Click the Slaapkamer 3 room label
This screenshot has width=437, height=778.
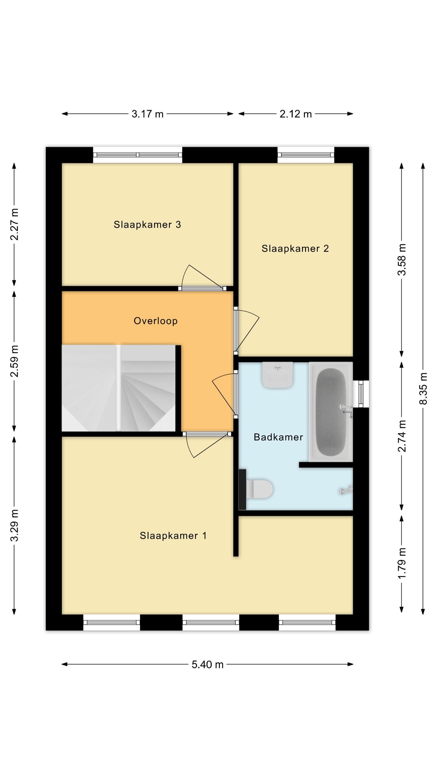pyautogui.click(x=147, y=225)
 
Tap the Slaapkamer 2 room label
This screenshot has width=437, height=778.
pyautogui.click(x=295, y=249)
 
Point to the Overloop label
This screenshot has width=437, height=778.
pyautogui.click(x=156, y=321)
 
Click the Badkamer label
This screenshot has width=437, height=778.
pyautogui.click(x=278, y=437)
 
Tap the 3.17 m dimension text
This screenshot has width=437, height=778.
pyautogui.click(x=147, y=114)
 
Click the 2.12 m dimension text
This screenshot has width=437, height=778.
pyautogui.click(x=296, y=114)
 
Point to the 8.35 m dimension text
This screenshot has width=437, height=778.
pyautogui.click(x=423, y=388)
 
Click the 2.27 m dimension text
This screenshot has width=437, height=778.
pyautogui.click(x=14, y=224)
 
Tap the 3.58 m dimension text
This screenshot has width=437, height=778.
pyautogui.click(x=402, y=260)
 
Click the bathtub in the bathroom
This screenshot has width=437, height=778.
pyautogui.click(x=331, y=412)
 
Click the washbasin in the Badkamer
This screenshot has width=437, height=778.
pyautogui.click(x=278, y=375)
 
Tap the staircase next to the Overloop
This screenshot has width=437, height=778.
pyautogui.click(x=118, y=388)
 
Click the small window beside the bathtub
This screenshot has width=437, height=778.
pyautogui.click(x=361, y=394)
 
